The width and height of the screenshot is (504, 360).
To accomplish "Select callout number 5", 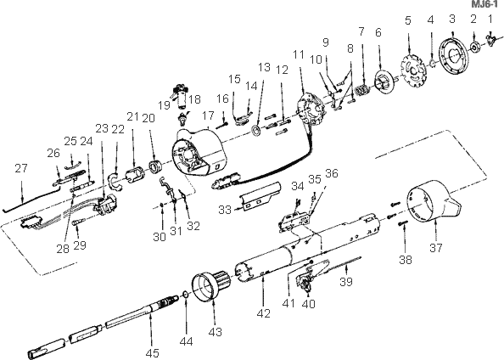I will tap(408, 20).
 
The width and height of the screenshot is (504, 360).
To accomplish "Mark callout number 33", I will tap(224, 208).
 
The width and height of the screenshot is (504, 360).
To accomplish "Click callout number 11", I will tap(298, 55).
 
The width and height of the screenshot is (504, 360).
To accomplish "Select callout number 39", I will tap(345, 281).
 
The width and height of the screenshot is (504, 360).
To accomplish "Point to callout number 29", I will tap(81, 245).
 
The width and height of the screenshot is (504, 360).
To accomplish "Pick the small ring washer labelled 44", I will tap(184, 297).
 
